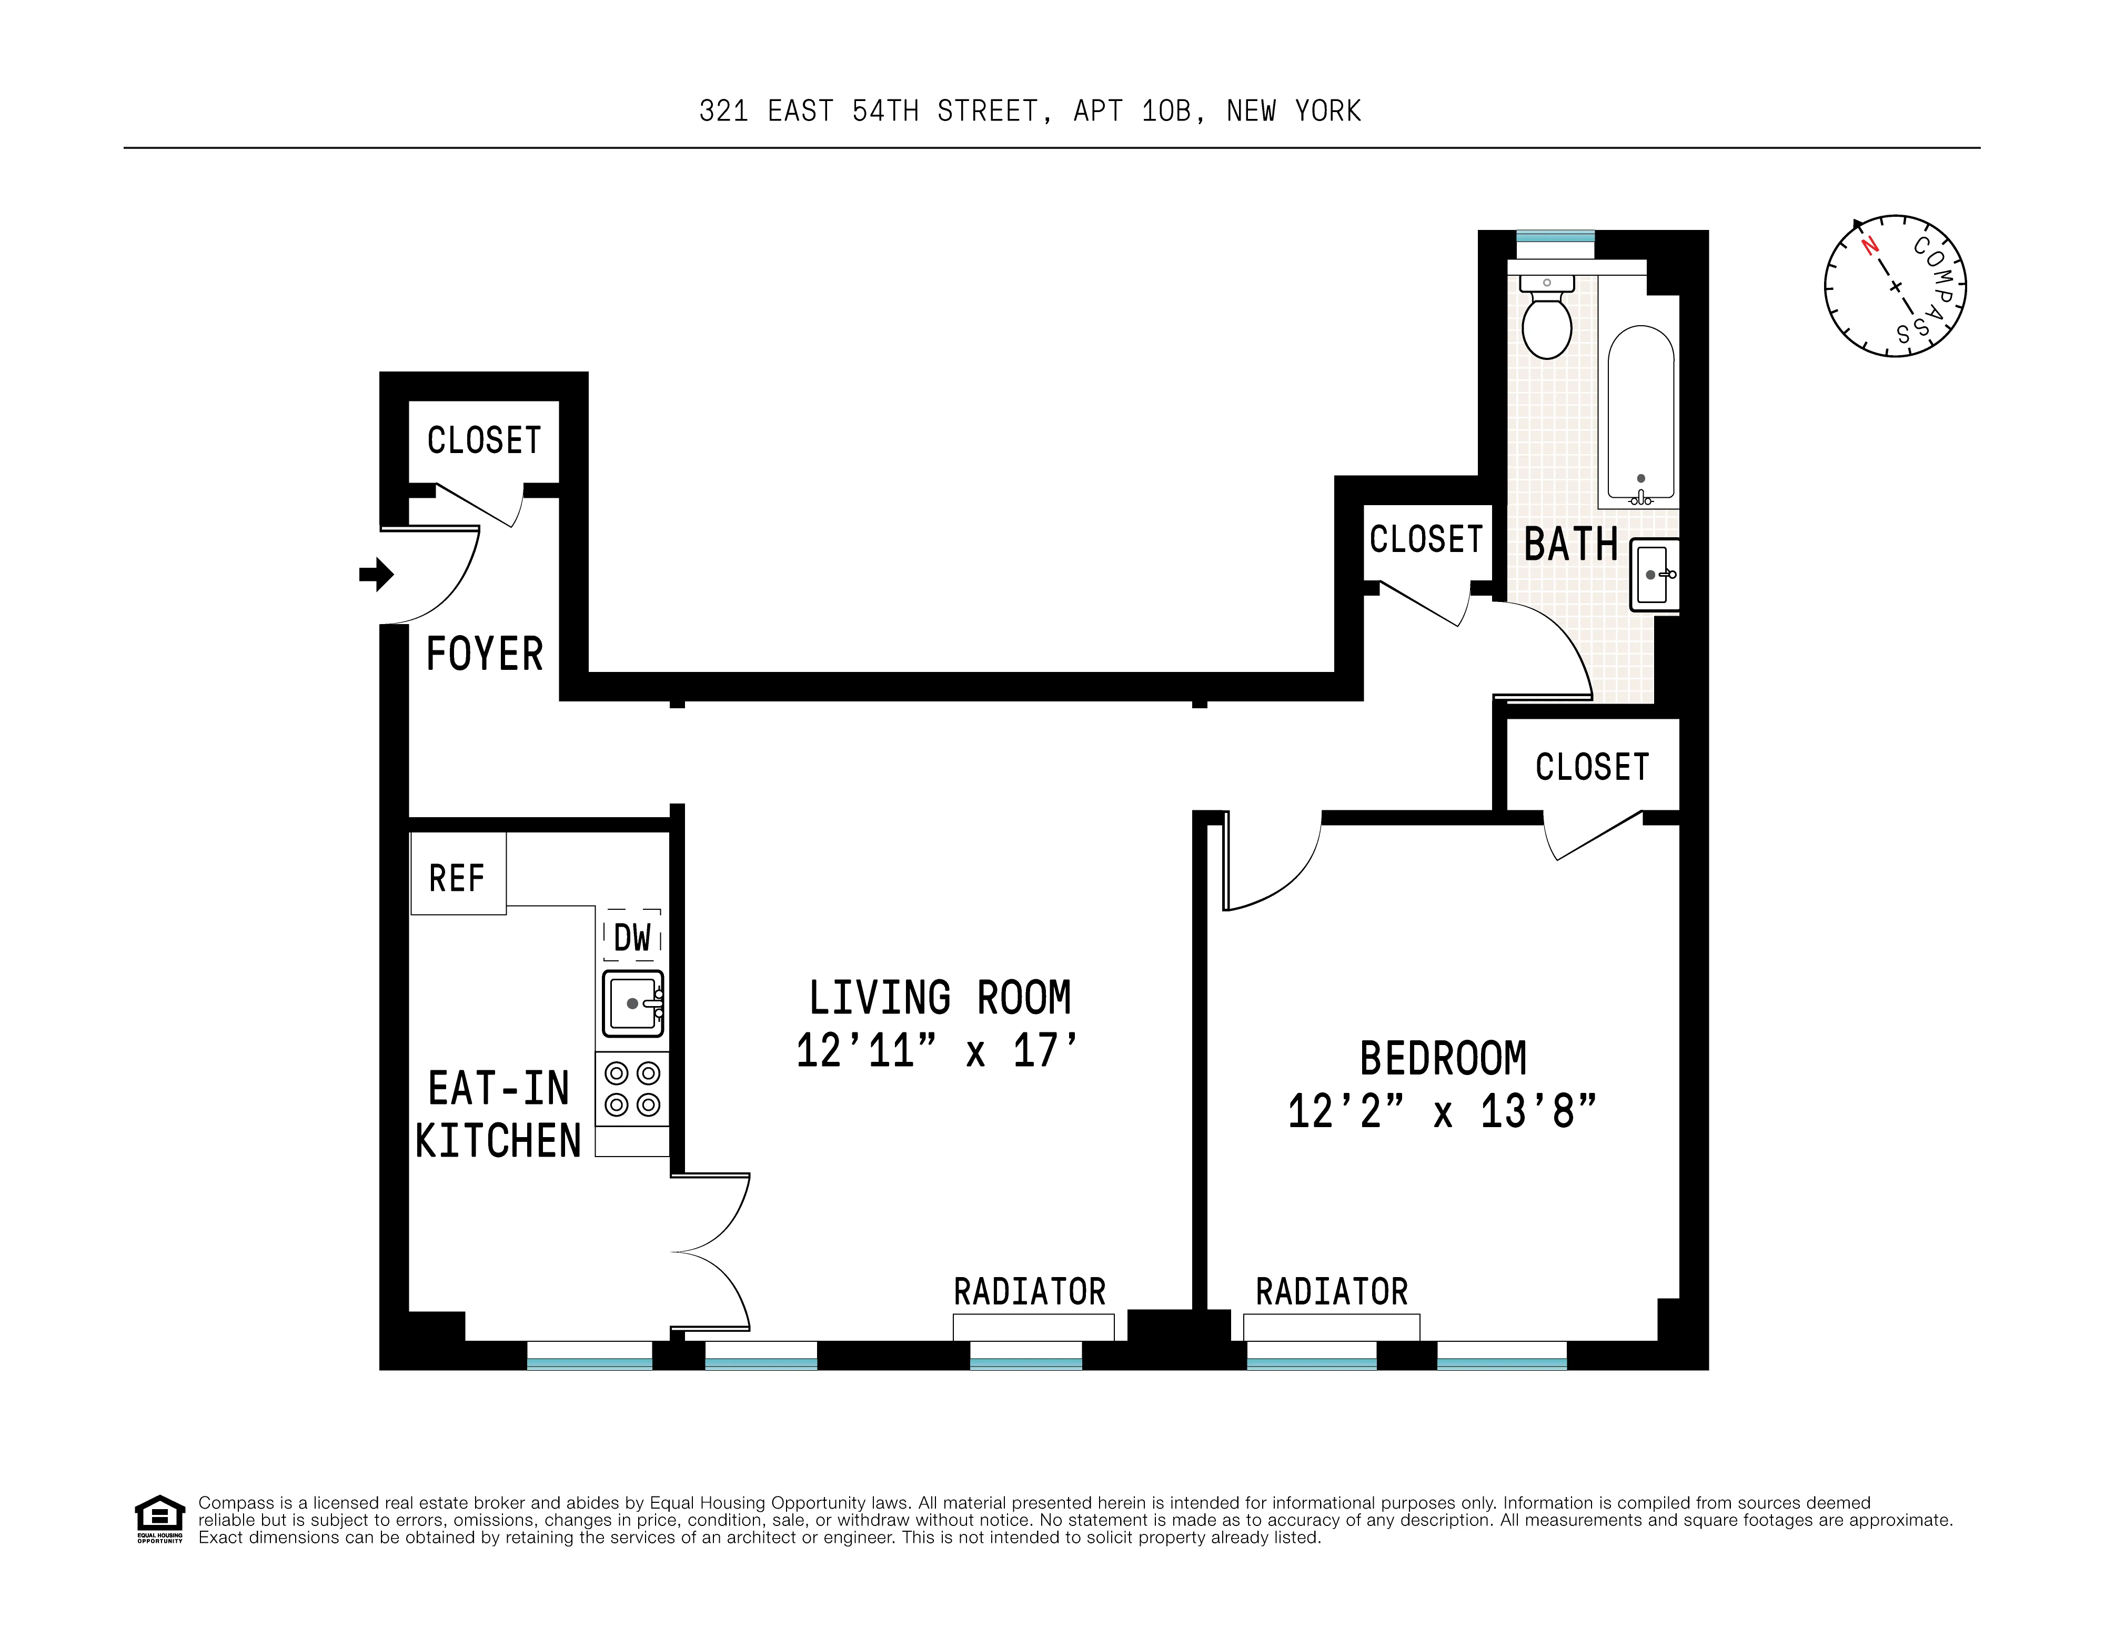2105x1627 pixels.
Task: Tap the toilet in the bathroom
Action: [1546, 318]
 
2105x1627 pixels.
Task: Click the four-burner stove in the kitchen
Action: [632, 1088]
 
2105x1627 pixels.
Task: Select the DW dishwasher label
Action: [632, 936]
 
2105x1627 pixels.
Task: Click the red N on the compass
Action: [1870, 246]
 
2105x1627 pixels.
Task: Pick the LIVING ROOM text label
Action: [940, 998]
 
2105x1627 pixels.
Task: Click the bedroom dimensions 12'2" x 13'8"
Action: [1442, 1111]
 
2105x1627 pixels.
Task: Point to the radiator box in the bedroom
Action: [1331, 1326]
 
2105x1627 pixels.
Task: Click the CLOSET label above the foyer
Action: [484, 440]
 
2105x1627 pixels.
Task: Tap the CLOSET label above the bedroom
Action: [1592, 767]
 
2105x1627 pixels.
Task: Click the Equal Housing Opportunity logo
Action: [159, 1518]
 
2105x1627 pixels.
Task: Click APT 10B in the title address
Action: [1137, 112]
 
